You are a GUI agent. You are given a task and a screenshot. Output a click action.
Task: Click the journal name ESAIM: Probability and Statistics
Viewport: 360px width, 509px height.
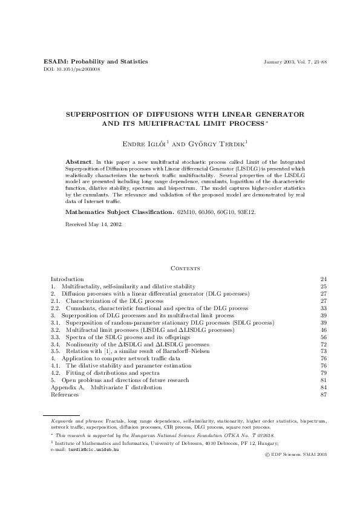click(x=96, y=62)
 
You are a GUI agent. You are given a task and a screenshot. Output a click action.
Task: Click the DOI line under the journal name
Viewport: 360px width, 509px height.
click(x=73, y=70)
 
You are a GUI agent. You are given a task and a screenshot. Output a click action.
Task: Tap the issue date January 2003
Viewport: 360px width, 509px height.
click(x=279, y=62)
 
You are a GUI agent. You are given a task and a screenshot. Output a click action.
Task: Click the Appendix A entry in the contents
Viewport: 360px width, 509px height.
click(x=106, y=387)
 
